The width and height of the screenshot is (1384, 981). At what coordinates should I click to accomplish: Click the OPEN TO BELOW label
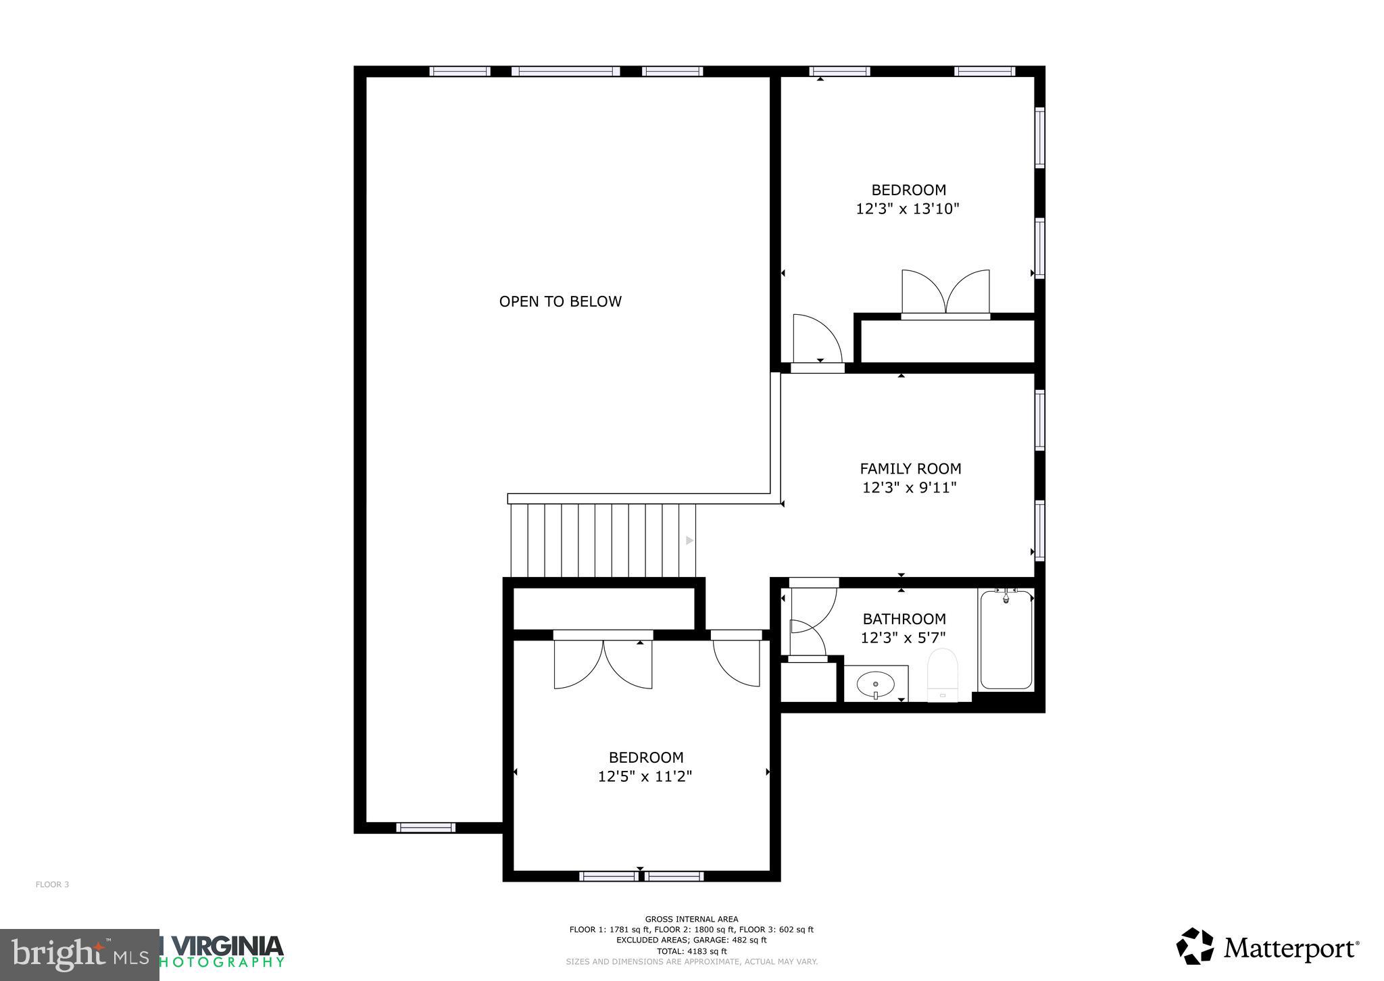coord(560,302)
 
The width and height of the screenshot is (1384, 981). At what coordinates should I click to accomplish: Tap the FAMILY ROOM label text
coord(910,469)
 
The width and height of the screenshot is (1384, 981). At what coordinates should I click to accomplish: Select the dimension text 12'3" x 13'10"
coord(908,209)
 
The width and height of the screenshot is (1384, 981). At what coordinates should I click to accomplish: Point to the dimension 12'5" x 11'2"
coord(645,777)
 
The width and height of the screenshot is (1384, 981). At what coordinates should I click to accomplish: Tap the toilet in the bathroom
coord(943,674)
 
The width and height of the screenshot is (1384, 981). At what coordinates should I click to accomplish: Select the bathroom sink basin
coord(875,685)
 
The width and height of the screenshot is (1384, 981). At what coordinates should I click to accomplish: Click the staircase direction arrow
coord(689,540)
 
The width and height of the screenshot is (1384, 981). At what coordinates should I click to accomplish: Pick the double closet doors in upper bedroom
coord(945,293)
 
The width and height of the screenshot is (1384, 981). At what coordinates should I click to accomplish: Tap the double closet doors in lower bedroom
coord(603,663)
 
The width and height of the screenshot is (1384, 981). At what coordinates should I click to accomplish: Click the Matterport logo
coord(1268,948)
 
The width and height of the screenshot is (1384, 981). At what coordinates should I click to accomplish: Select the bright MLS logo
coord(80,955)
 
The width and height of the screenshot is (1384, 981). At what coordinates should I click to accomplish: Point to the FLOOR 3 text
coord(52,884)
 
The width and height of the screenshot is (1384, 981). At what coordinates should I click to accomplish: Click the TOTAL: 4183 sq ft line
coord(691,951)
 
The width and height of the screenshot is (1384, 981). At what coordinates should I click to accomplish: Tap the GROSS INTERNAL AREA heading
coord(691,919)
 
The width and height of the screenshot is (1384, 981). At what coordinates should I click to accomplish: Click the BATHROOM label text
coord(904,619)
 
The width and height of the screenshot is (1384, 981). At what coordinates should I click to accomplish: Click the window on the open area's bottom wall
coord(426,828)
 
